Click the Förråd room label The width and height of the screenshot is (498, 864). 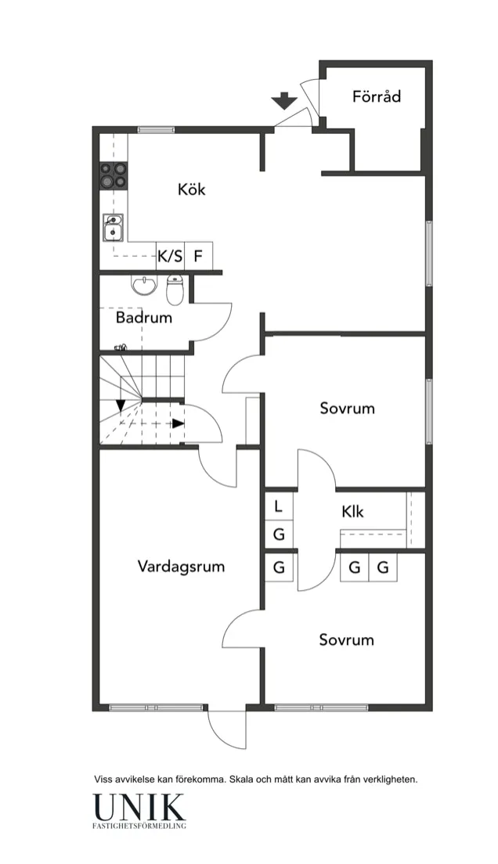click(377, 97)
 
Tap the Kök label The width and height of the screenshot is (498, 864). click(191, 189)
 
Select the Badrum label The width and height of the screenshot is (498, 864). click(144, 319)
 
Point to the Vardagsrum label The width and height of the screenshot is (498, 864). click(181, 566)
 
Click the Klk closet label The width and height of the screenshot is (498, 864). click(352, 512)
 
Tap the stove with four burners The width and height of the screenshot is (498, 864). click(113, 176)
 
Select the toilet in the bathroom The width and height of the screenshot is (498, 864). click(175, 290)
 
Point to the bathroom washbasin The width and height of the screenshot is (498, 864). click(144, 286)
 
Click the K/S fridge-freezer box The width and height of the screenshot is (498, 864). click(170, 255)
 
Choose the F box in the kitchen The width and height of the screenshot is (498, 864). click(198, 255)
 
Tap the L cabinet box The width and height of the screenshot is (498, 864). click(279, 506)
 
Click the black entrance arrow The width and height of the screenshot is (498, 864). click(283, 101)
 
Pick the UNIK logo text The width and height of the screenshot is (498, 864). click(139, 806)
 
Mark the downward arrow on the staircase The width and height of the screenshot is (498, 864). click(121, 405)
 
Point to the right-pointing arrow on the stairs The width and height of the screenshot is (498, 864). click(179, 423)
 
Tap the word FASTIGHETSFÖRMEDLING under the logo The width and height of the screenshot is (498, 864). click(139, 826)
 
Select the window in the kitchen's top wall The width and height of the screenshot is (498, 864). click(156, 129)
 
